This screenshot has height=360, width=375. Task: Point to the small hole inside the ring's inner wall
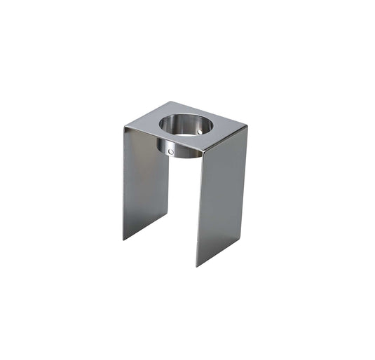point(200,130)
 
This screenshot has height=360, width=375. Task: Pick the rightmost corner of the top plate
point(247,127)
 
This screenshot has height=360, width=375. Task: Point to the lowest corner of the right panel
point(197,266)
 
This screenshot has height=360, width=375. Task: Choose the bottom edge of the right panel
point(221,251)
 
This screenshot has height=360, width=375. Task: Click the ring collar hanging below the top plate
point(179,148)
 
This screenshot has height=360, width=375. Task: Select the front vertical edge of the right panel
point(199,210)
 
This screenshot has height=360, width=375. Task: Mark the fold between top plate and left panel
point(162,141)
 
